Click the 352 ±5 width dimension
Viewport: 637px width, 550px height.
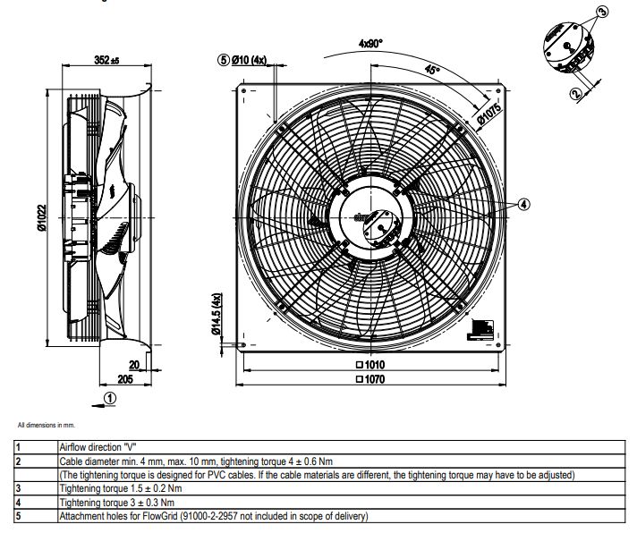click(x=106, y=60)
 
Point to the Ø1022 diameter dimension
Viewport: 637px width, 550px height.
click(x=42, y=217)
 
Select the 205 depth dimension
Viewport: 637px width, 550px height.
click(x=125, y=379)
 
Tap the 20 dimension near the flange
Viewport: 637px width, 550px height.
click(x=134, y=365)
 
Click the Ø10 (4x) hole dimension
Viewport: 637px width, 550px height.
click(x=249, y=60)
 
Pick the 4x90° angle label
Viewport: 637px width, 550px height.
click(x=370, y=43)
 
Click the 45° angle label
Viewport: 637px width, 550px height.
click(x=432, y=70)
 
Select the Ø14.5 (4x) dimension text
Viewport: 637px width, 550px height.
click(x=217, y=314)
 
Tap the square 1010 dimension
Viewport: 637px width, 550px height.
click(x=370, y=364)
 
